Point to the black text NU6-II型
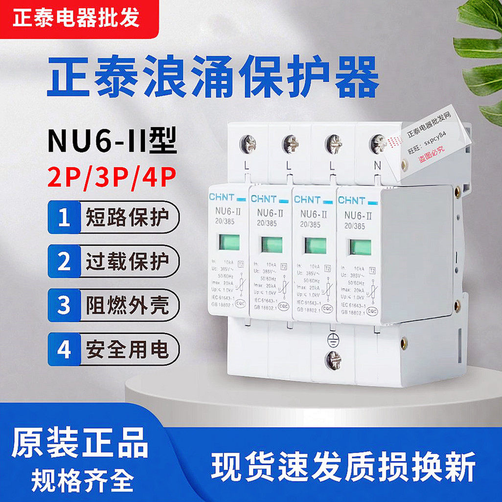pos(112,140)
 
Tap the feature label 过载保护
pos(127,262)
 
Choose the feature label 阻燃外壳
pos(127,305)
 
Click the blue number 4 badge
pos(64,349)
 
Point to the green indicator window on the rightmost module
pos(361,247)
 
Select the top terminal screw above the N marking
pos(378,144)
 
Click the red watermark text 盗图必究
pos(431,159)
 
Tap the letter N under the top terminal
pos(377,166)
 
